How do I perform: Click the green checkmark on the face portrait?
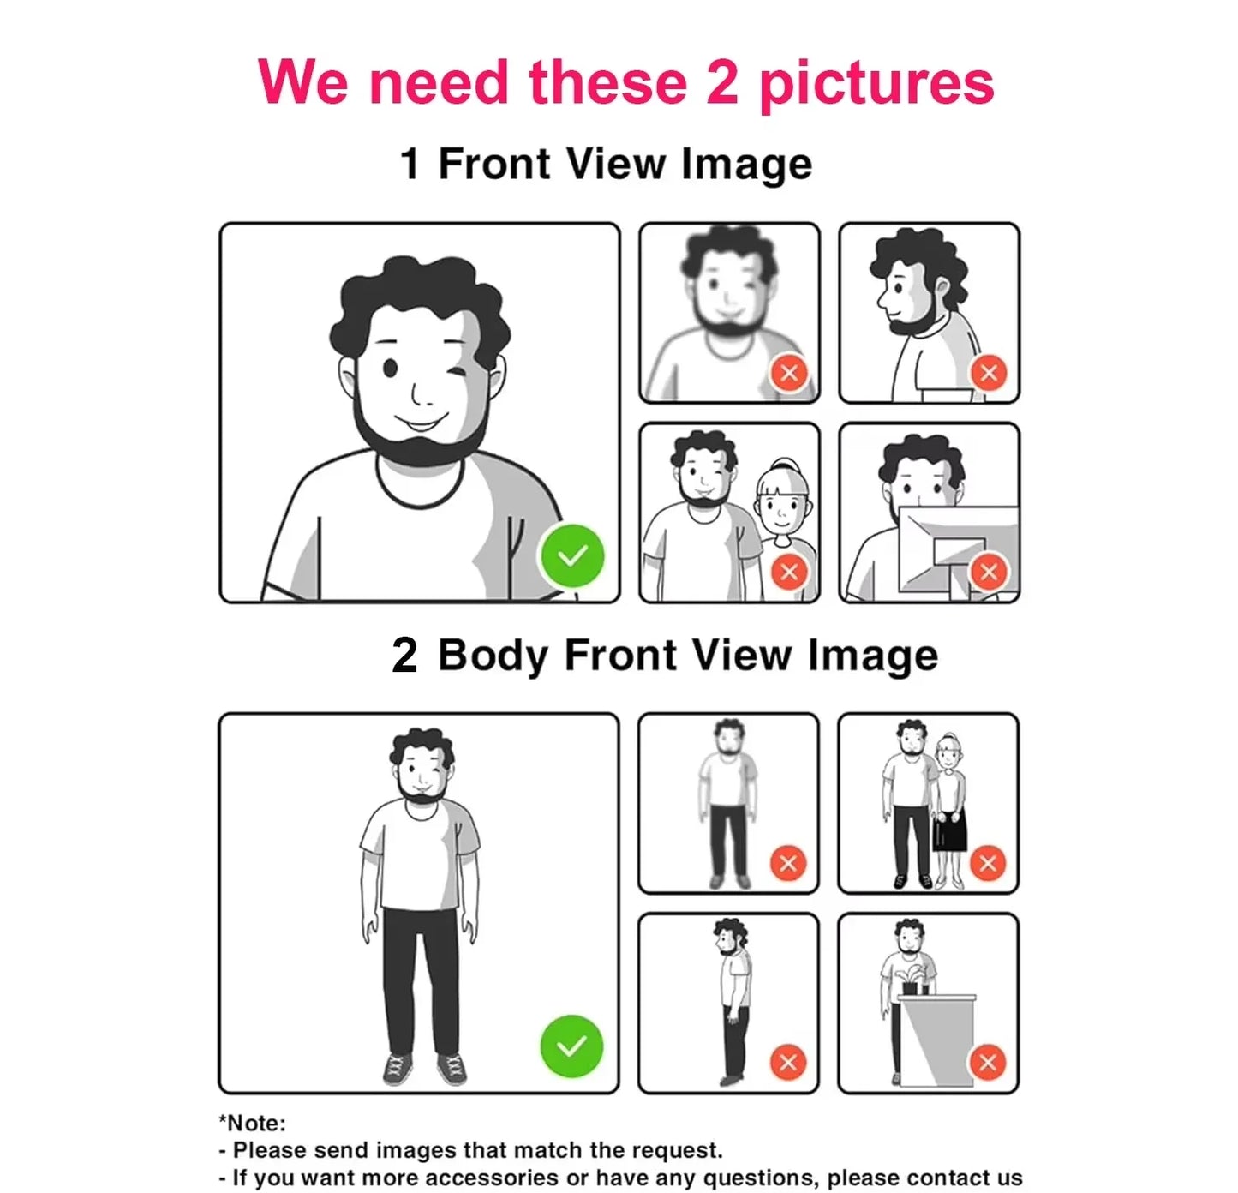coord(572,555)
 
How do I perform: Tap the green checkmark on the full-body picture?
coord(571,1046)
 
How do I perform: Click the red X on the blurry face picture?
coord(789,372)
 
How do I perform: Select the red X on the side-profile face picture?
coord(989,372)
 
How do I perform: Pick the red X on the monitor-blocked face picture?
coord(989,572)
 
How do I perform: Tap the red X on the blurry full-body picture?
coord(788,863)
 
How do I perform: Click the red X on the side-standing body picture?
coord(788,1063)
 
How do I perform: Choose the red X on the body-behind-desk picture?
coord(988,1063)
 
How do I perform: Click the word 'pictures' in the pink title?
coord(876,85)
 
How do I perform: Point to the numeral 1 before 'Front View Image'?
coord(410,165)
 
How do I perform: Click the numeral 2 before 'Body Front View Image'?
coord(404,655)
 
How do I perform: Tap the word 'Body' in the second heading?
coord(493,656)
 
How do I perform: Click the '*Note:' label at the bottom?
coord(252,1123)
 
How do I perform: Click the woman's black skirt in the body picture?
coord(950,830)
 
